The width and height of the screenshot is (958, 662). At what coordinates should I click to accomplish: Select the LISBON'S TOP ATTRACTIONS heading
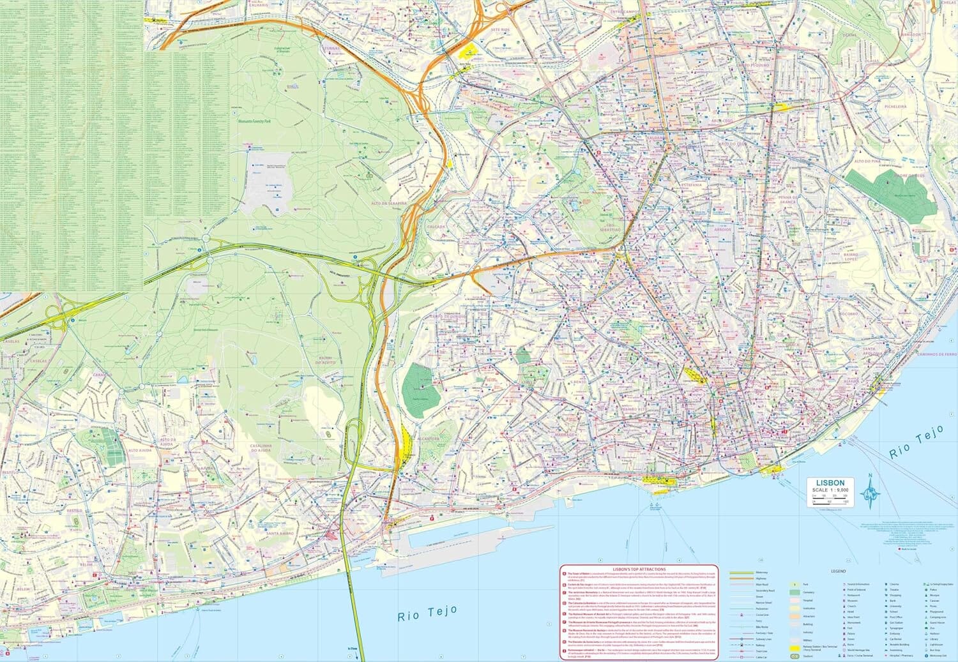pyautogui.click(x=639, y=569)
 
